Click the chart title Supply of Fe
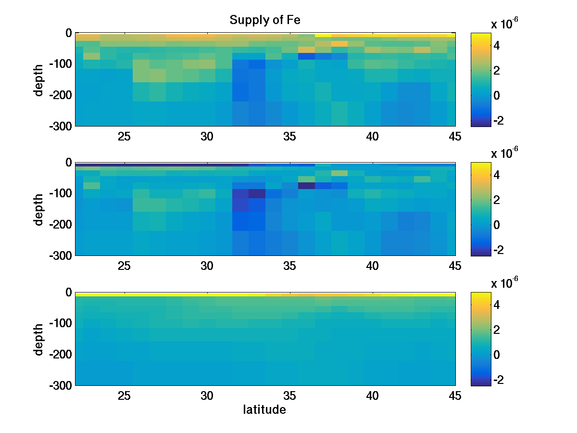click(265, 20)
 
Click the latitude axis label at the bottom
click(264, 410)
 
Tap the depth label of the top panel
click(39, 79)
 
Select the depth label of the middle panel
click(39, 209)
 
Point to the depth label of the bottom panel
click(39, 339)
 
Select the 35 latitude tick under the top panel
click(289, 137)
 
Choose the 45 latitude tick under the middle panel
click(455, 266)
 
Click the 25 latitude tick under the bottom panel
click(125, 396)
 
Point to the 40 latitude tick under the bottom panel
click(372, 396)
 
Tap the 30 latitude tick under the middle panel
click(207, 266)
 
